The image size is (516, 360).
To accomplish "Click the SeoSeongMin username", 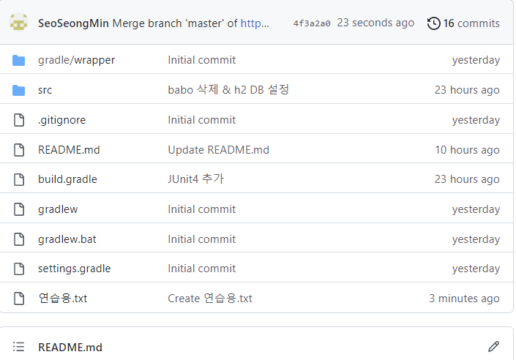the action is [73, 23].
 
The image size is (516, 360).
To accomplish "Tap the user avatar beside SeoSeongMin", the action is [19, 22].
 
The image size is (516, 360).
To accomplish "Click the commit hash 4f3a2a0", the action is [312, 23].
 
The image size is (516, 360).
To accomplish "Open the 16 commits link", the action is [471, 23].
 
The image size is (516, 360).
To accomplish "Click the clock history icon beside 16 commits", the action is [434, 23].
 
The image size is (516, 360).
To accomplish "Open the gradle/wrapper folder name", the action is [76, 60].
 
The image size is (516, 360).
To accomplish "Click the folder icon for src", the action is [19, 90].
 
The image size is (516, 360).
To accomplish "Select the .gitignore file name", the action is [62, 120].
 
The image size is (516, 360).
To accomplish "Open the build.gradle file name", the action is [67, 179].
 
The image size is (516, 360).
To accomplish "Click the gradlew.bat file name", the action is [67, 239].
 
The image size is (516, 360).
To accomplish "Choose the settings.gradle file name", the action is [75, 269].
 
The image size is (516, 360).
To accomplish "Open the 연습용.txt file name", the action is [62, 299].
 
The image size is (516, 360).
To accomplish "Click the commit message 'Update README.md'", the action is [219, 150].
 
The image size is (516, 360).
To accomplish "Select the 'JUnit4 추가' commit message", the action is [196, 179].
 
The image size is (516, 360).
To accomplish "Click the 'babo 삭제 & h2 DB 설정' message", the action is [228, 90].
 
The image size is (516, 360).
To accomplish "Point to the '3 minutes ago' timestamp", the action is [464, 299].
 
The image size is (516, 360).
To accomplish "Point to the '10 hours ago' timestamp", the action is [467, 150].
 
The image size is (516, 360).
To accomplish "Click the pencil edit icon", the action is [493, 347].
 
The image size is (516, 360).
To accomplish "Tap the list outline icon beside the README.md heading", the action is [19, 347].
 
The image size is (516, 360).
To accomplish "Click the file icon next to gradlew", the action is [19, 209].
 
